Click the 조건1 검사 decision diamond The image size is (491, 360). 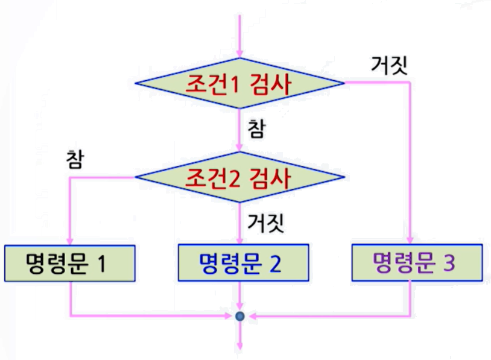point(240,83)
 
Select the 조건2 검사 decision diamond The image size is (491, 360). point(240,177)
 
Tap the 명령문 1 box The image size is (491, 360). point(70,262)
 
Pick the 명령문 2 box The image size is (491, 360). point(240,262)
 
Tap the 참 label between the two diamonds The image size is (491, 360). point(255,129)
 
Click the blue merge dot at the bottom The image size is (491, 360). point(240,315)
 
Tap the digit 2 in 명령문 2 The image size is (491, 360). point(275,263)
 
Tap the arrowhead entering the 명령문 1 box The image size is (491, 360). point(70,239)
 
